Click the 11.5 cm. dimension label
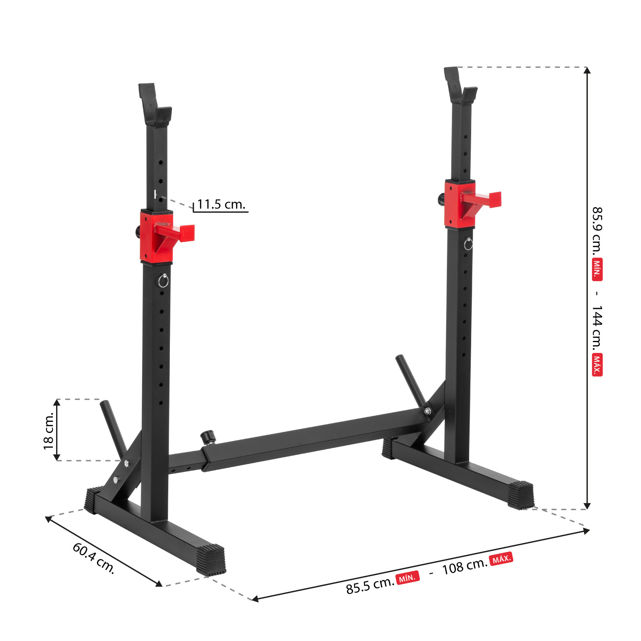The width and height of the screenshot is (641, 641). coord(221,204)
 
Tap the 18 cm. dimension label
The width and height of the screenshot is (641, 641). coord(48,430)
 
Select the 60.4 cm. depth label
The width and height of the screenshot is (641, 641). coord(94,558)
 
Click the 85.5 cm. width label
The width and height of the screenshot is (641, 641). coord(370,586)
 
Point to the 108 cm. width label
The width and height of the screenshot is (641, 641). coord(465,566)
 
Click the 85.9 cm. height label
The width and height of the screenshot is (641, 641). coord(597,231)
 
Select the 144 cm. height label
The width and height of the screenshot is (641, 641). coord(597,327)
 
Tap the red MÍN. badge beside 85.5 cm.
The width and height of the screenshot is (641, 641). coord(407,578)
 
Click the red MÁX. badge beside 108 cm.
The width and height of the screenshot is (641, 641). coord(501,558)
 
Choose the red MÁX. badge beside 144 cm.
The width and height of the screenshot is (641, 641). coord(597,364)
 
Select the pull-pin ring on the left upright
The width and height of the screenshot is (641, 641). coord(163,281)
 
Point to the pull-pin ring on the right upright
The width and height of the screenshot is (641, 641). coord(468,244)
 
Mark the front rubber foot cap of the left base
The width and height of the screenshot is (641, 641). coord(211,560)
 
